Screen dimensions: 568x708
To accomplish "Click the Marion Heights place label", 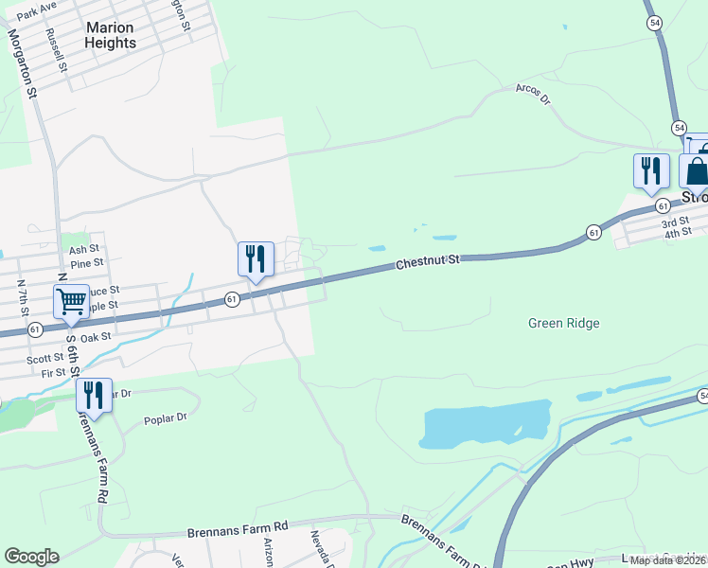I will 110,35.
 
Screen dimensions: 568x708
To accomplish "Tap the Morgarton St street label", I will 22,63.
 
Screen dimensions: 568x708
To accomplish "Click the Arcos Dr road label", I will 533,94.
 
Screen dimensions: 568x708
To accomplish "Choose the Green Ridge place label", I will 563,323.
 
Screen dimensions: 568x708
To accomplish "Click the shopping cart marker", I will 71,302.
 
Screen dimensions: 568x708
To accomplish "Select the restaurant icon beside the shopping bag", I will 650,170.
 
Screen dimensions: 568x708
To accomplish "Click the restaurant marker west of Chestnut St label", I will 256,259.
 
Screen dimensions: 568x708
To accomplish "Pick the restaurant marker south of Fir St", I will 94,395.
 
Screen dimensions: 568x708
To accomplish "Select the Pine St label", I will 86,263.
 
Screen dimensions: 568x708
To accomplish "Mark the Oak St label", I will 96,336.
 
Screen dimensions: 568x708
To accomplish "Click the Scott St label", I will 44,358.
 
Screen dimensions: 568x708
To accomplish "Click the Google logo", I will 31,557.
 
